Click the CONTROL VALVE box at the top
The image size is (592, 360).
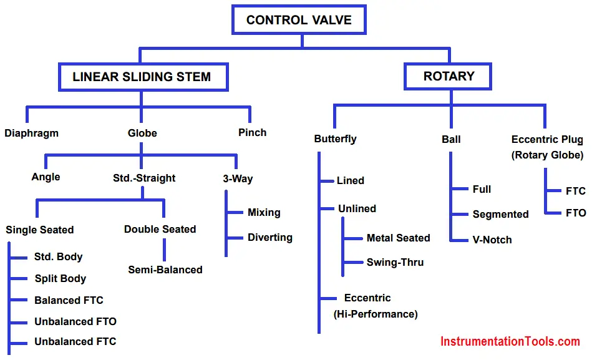(299, 19)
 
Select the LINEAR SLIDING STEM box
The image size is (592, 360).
(143, 77)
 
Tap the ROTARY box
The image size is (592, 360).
(448, 76)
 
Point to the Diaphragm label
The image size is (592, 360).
(31, 134)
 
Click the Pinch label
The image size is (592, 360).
(252, 133)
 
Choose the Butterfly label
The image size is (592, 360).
(335, 139)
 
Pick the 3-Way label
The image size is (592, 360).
(238, 178)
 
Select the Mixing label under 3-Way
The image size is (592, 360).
(264, 212)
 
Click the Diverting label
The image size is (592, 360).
(270, 237)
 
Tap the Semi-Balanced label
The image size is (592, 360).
(165, 270)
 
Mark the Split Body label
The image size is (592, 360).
(61, 279)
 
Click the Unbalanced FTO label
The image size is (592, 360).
(75, 321)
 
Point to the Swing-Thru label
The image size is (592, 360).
(395, 263)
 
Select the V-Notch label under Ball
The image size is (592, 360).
(492, 240)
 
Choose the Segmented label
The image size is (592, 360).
(500, 214)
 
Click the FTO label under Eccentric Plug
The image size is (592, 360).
(576, 213)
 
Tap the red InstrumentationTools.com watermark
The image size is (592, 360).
(510, 341)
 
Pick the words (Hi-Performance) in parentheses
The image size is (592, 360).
(376, 314)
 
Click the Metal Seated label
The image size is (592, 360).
(399, 238)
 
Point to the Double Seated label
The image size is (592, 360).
(160, 230)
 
